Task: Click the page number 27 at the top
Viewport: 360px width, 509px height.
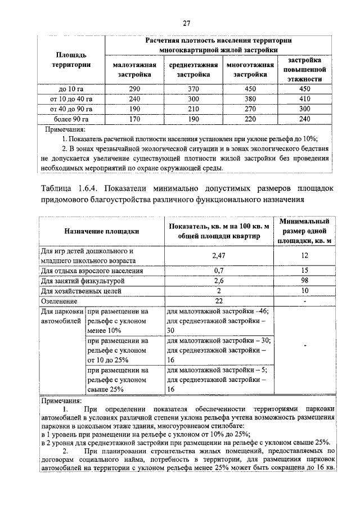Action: click(187, 23)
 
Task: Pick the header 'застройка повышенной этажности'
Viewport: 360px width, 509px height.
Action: click(304, 70)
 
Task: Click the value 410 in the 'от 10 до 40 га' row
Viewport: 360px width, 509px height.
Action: click(304, 99)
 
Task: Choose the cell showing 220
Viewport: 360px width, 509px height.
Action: click(250, 119)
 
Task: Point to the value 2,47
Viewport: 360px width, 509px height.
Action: click(218, 255)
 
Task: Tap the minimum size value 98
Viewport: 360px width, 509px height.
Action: click(304, 280)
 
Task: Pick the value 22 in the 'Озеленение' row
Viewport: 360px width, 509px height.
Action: click(218, 300)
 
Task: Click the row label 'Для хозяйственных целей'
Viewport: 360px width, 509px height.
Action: click(78, 290)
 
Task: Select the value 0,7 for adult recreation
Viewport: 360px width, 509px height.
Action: click(218, 270)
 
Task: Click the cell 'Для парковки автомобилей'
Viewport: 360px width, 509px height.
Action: click(62, 316)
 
